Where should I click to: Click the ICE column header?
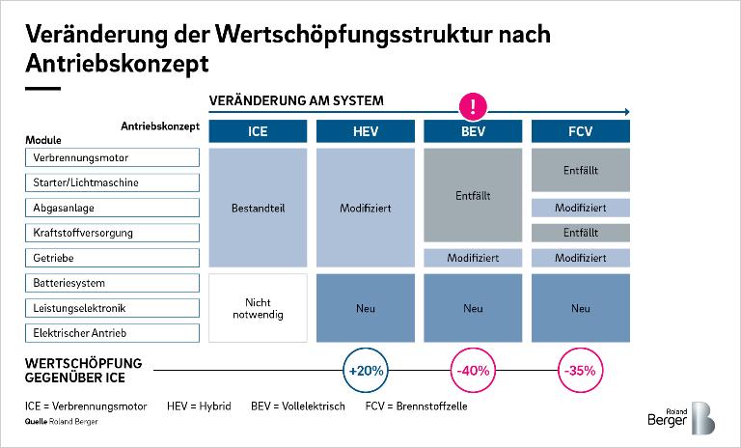click(258, 131)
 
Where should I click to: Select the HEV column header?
click(366, 131)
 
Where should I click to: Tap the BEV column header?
click(473, 131)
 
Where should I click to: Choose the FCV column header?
click(580, 131)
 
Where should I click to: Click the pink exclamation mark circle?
click(473, 105)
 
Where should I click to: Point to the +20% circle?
click(366, 371)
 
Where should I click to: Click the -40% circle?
click(473, 371)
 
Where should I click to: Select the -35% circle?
click(580, 371)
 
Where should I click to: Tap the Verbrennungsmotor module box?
click(112, 157)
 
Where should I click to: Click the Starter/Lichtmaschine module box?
click(112, 182)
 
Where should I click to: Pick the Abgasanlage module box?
click(112, 208)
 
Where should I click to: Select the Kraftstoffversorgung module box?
click(112, 233)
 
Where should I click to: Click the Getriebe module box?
click(112, 258)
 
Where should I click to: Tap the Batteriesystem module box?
click(112, 283)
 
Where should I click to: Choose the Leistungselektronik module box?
click(112, 308)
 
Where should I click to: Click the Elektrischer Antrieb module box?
click(112, 333)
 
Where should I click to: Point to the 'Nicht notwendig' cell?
click(258, 308)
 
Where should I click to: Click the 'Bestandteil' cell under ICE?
click(258, 208)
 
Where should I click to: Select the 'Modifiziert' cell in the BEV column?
click(473, 258)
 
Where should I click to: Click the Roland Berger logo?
click(681, 418)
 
